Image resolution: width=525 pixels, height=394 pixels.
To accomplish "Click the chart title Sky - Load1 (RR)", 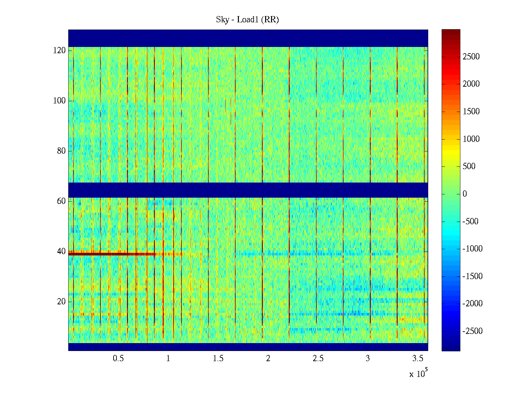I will point(247,20).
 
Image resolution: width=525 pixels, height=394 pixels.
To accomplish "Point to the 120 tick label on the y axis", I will point(59,51).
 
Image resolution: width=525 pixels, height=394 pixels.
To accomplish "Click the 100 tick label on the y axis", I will point(59,101).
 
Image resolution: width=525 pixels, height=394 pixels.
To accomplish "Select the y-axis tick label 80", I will point(61,151).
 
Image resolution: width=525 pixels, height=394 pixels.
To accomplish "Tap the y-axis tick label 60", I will point(61,201).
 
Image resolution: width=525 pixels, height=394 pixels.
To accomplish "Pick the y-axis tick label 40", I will point(61,252).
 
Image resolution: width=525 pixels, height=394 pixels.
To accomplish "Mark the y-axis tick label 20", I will point(61,302).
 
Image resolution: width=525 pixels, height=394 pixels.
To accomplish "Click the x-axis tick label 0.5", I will point(118,359).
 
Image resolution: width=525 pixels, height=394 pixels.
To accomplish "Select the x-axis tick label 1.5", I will point(218,359).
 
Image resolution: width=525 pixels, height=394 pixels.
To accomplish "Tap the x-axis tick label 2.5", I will point(318,359).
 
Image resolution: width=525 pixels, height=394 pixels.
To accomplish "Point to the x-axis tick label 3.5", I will point(418,359).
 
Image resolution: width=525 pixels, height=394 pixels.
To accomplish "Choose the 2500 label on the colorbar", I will point(471,57).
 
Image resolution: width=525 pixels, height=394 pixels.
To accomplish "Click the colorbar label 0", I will point(465,194).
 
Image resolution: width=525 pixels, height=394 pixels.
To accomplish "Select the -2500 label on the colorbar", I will point(472,331).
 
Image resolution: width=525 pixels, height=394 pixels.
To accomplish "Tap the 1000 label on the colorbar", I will point(471,139).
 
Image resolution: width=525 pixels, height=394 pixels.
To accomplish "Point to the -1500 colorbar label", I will point(472,276).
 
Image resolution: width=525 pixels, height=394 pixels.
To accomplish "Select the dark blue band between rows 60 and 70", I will point(248,190).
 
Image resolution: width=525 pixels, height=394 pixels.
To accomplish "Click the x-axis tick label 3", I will point(368,359).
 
